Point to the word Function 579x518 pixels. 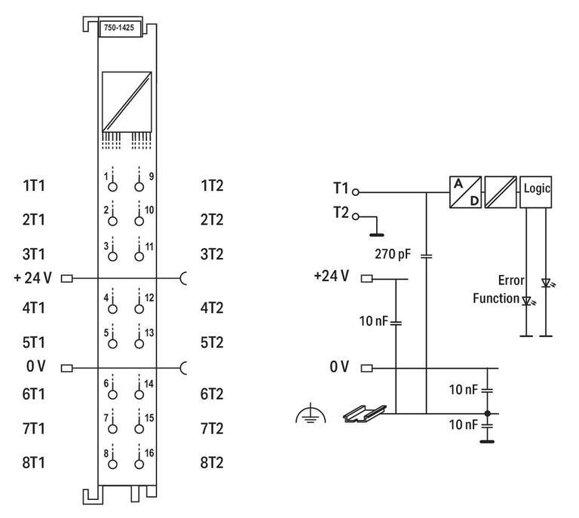tap(496, 299)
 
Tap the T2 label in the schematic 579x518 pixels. tap(341, 214)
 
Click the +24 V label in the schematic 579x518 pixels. tap(331, 276)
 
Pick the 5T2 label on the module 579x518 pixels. tap(212, 342)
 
